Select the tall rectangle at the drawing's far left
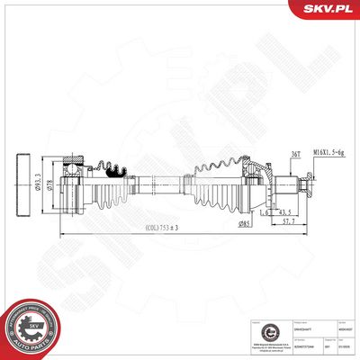pos(24,185)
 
